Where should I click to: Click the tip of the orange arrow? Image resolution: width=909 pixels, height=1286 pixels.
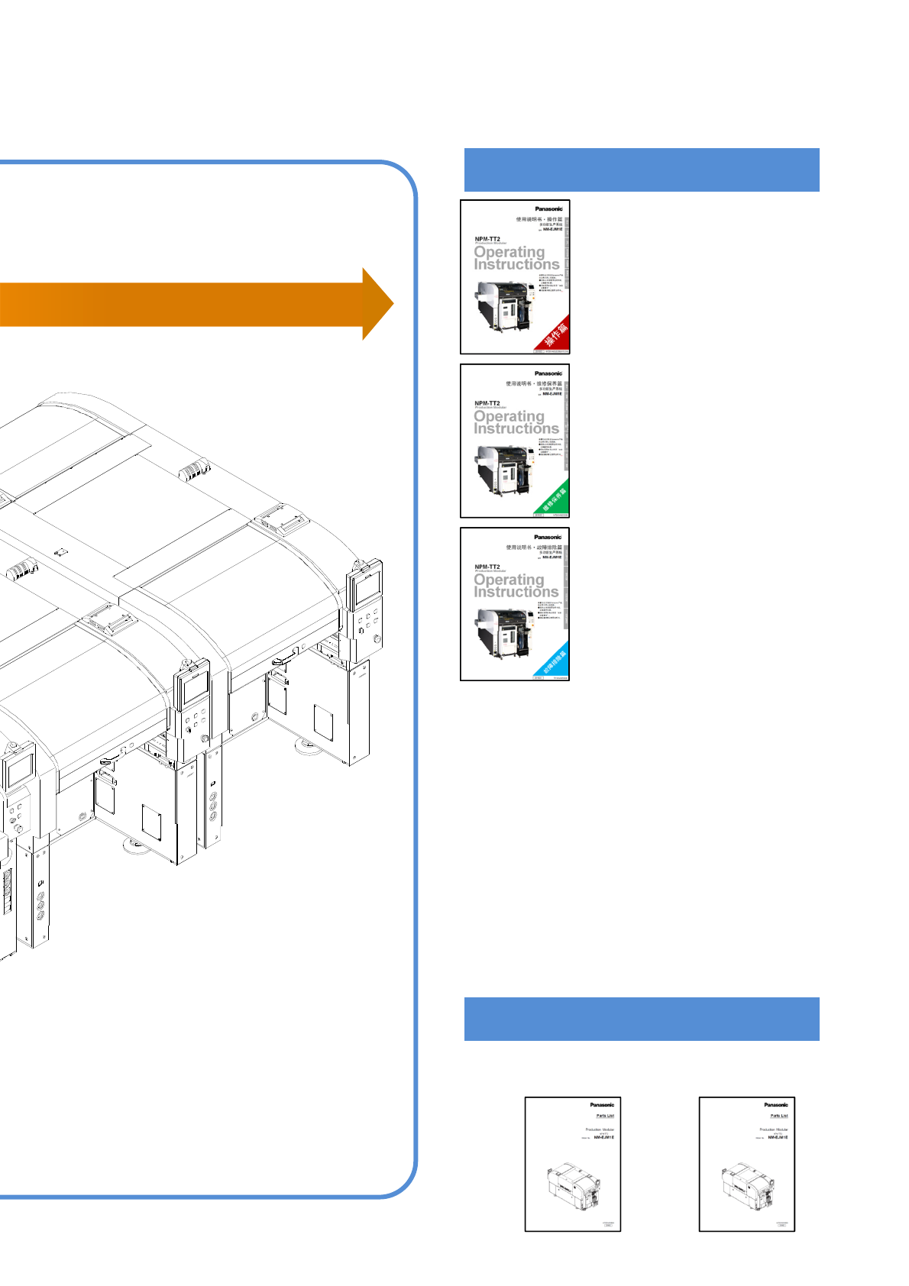[390, 304]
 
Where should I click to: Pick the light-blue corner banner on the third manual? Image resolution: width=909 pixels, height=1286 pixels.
[555, 662]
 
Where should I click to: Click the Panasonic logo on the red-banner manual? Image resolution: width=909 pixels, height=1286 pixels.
[548, 208]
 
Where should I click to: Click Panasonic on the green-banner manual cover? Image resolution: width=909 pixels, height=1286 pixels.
[548, 373]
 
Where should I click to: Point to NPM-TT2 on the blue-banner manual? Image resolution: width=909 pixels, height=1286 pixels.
[487, 567]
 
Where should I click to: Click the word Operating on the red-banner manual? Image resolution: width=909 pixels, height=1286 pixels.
[509, 251]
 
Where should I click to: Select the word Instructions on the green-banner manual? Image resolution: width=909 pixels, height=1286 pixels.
[516, 428]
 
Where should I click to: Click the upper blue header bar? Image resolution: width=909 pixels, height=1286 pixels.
[642, 170]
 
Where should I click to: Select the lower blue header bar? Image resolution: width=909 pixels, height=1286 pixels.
[642, 1019]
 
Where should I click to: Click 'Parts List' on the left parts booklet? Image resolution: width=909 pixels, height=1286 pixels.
[605, 1116]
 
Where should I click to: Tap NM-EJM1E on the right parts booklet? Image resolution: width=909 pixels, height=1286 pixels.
[778, 1137]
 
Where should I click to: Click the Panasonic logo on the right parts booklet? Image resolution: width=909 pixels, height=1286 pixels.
[776, 1104]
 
